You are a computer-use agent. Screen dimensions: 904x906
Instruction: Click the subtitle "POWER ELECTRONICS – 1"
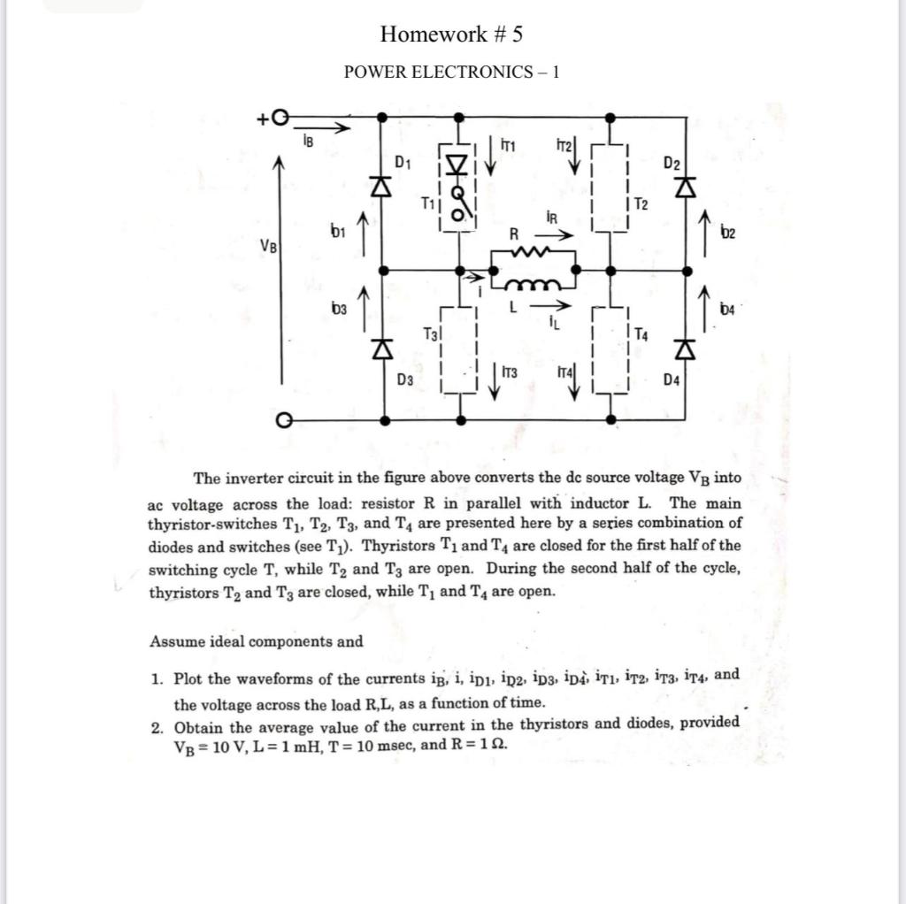451,72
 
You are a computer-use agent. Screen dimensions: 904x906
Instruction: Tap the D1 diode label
403,162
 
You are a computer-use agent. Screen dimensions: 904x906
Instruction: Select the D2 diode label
672,164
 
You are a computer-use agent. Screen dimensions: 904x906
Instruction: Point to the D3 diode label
405,380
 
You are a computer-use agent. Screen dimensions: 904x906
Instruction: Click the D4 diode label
673,380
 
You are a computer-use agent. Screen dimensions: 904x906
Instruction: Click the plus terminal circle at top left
280,117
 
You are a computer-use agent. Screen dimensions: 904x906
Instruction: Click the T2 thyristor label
641,204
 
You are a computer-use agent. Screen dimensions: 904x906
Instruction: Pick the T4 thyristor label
641,335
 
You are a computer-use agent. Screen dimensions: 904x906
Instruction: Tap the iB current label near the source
307,140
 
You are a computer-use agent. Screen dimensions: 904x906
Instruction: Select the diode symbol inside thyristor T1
457,165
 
